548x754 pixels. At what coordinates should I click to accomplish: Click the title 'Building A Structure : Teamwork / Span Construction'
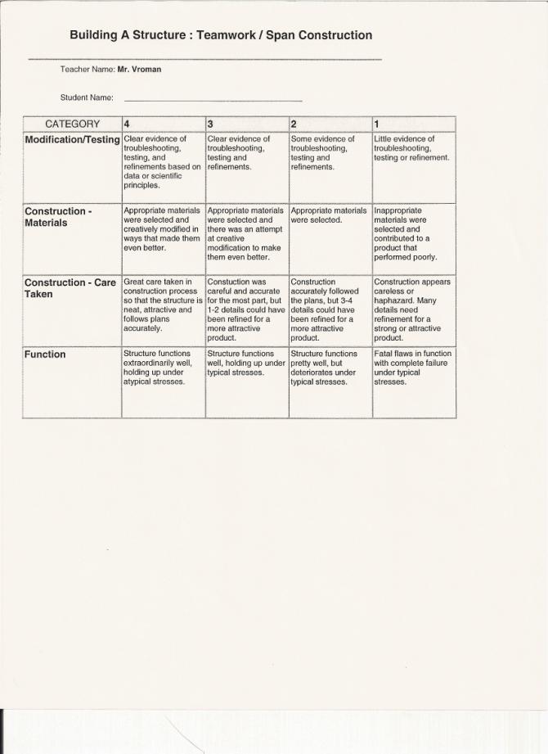[221, 35]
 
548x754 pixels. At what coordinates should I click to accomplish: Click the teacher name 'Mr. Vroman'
[140, 70]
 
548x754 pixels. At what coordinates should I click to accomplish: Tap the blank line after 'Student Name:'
[213, 98]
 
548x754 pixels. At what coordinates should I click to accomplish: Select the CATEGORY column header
[72, 124]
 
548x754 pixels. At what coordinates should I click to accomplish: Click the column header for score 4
[163, 124]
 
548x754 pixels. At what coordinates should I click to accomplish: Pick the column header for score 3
[247, 124]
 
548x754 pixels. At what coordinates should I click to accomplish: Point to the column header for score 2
[330, 124]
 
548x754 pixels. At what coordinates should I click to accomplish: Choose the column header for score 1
[413, 124]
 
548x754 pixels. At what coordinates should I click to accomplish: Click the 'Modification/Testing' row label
[72, 140]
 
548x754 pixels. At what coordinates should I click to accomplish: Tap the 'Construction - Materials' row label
[58, 217]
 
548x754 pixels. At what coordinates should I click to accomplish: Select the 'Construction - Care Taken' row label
[70, 288]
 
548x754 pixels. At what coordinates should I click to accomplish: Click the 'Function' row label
[45, 354]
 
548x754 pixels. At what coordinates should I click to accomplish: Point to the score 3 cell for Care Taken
[246, 309]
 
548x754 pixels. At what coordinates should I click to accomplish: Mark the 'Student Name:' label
[87, 98]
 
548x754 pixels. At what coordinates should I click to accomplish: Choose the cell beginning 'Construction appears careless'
[412, 309]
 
